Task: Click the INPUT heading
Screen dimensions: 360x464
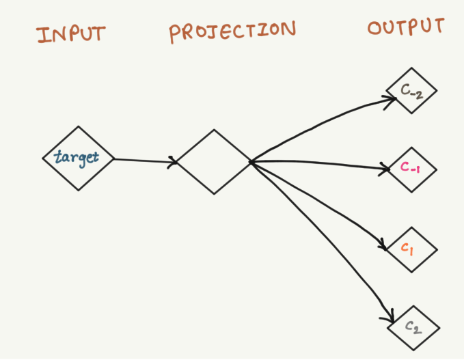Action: tap(71, 33)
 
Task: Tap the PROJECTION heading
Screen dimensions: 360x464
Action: tap(232, 31)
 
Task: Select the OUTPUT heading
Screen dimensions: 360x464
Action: tap(406, 27)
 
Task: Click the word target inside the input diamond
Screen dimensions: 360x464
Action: tap(77, 158)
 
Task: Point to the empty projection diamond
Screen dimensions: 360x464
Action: tap(214, 161)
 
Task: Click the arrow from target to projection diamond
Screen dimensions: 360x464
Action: tap(144, 161)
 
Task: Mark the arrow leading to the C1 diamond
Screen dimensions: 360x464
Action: tap(321, 202)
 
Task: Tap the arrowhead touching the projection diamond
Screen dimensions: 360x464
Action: tap(174, 162)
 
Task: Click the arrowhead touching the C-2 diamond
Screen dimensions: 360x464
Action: tap(392, 100)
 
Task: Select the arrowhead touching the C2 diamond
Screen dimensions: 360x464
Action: tap(390, 318)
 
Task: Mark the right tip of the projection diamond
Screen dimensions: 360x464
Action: tap(251, 162)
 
